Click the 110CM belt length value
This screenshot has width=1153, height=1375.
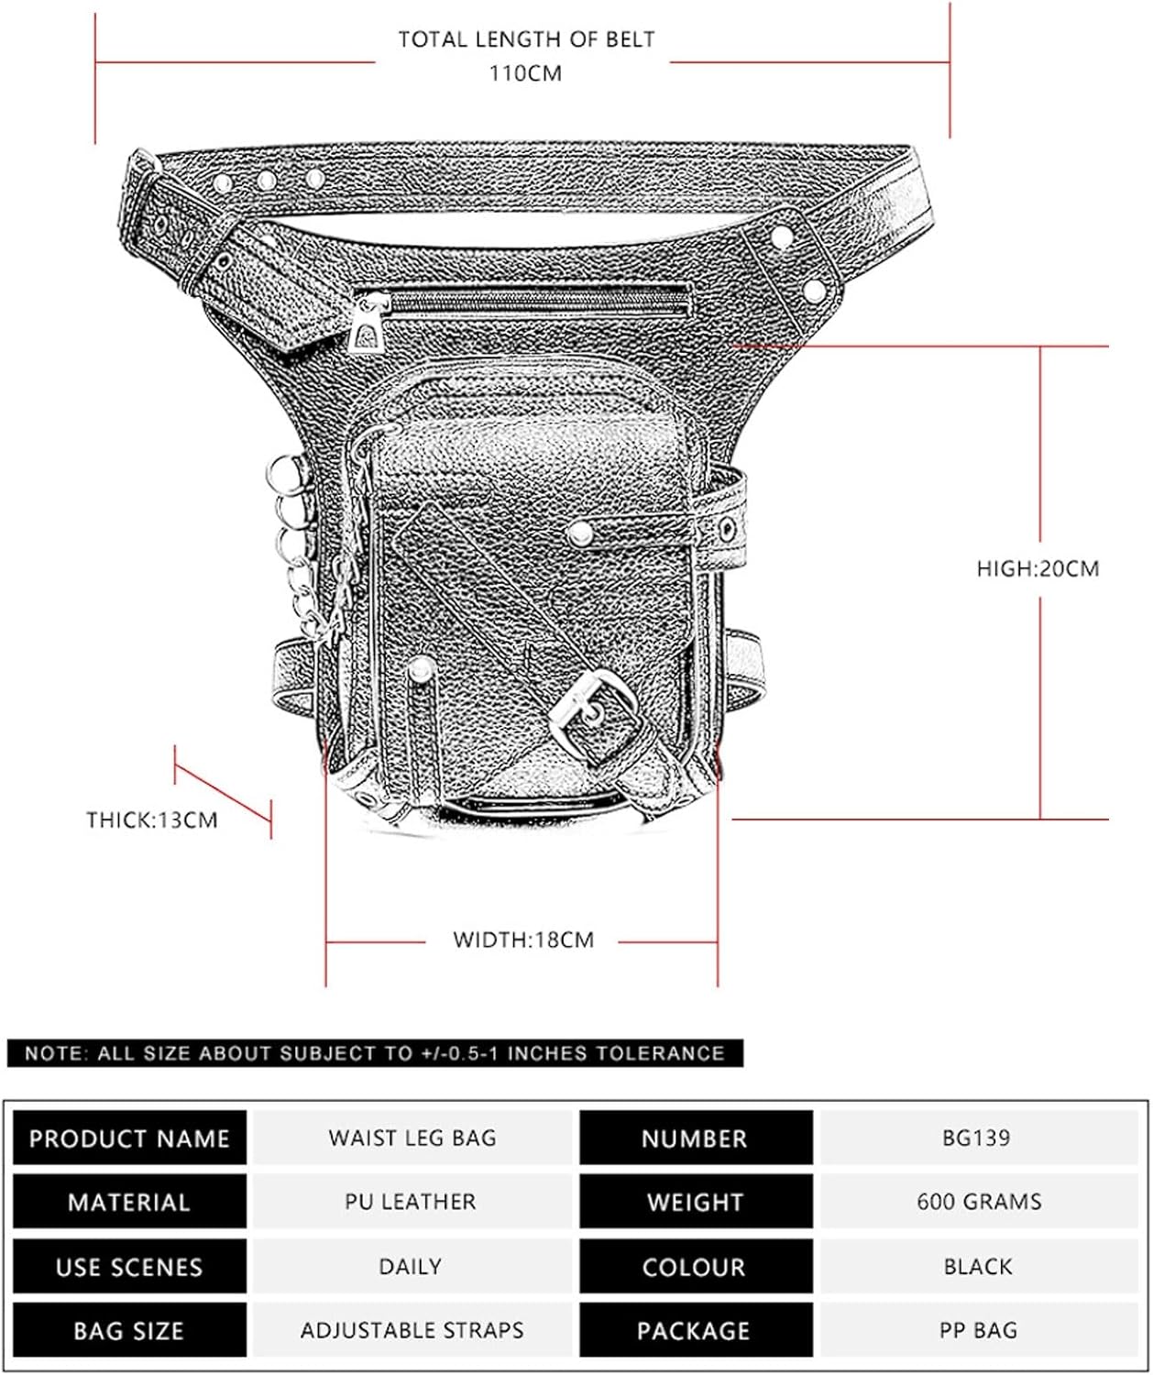pyautogui.click(x=525, y=73)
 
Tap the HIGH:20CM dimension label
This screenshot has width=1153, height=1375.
pyautogui.click(x=1038, y=569)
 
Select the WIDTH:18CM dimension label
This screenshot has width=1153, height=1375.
pyautogui.click(x=523, y=939)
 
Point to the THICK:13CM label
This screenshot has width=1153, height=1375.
pyautogui.click(x=152, y=819)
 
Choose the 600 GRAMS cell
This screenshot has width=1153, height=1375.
pyautogui.click(x=979, y=1202)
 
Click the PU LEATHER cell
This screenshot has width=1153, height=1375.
pyautogui.click(x=411, y=1202)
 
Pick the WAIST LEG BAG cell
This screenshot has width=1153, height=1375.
pyautogui.click(x=412, y=1138)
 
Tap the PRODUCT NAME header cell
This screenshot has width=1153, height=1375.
pyautogui.click(x=130, y=1138)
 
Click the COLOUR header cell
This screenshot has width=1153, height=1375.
pyautogui.click(x=696, y=1265)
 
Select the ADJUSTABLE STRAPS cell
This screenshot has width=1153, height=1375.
pyautogui.click(x=412, y=1330)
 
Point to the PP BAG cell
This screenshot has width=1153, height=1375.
pyautogui.click(x=979, y=1330)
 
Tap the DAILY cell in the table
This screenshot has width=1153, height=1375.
pyautogui.click(x=411, y=1265)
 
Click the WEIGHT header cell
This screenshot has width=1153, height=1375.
pyautogui.click(x=696, y=1202)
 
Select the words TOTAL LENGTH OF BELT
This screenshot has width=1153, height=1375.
pyautogui.click(x=527, y=39)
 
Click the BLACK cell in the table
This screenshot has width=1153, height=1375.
pyautogui.click(x=979, y=1265)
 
